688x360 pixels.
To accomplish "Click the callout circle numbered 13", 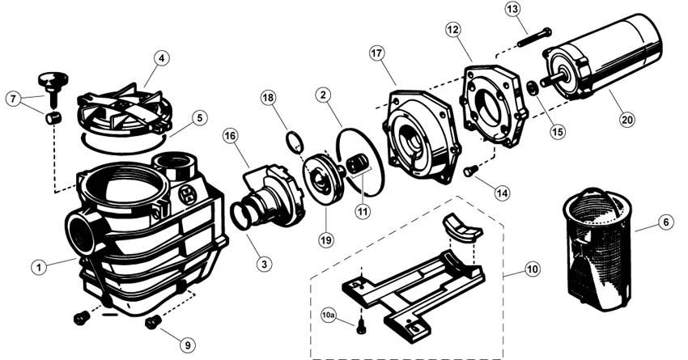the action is click(512, 9).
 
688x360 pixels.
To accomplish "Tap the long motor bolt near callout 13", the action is click(534, 37).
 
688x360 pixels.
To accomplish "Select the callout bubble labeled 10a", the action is click(329, 316).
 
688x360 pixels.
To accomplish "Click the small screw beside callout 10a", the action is click(361, 327).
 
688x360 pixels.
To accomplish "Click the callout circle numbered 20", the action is click(628, 119).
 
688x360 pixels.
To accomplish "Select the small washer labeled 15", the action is click(532, 87).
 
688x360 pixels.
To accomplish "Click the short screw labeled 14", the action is click(470, 171).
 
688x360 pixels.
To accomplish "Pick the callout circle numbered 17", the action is click(376, 53).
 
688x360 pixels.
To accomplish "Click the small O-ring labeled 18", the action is click(295, 142).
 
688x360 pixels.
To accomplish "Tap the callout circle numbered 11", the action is click(363, 212).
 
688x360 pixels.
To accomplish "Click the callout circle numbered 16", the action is click(231, 136).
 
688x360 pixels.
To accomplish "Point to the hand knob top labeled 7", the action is click(53, 80).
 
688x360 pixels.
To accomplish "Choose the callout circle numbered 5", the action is click(199, 118).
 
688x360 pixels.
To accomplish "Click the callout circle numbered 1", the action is click(39, 267).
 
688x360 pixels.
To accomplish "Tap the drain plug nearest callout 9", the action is click(151, 323).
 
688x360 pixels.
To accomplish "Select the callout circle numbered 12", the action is click(452, 30).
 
